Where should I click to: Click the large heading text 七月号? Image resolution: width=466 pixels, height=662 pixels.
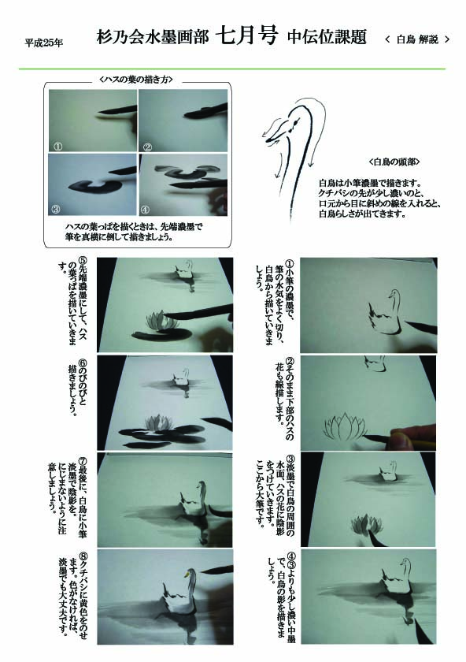pos(247,36)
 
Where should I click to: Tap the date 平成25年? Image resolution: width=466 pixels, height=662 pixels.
pos(44,43)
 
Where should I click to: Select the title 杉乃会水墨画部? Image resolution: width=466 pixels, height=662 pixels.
pos(153,37)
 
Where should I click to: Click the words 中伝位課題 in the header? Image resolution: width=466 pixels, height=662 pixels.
pos(327,37)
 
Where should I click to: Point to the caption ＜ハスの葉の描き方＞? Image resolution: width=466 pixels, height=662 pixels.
pos(136,79)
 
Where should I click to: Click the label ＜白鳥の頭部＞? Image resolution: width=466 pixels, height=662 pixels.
pos(394,162)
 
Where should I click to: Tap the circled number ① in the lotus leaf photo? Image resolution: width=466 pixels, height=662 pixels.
pos(57,147)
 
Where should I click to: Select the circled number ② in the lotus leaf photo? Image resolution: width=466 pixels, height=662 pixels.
pos(148,147)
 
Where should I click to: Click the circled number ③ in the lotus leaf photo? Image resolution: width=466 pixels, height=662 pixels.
pos(56,209)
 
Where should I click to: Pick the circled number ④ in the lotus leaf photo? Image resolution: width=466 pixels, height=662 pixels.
pos(145,210)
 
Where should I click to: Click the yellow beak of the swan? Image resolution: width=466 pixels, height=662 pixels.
pos(185,575)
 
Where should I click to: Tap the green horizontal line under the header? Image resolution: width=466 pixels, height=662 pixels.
pos(232,69)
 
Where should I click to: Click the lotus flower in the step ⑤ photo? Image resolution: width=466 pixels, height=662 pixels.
pos(162,321)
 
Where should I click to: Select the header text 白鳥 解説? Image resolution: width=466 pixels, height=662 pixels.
pos(417,40)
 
